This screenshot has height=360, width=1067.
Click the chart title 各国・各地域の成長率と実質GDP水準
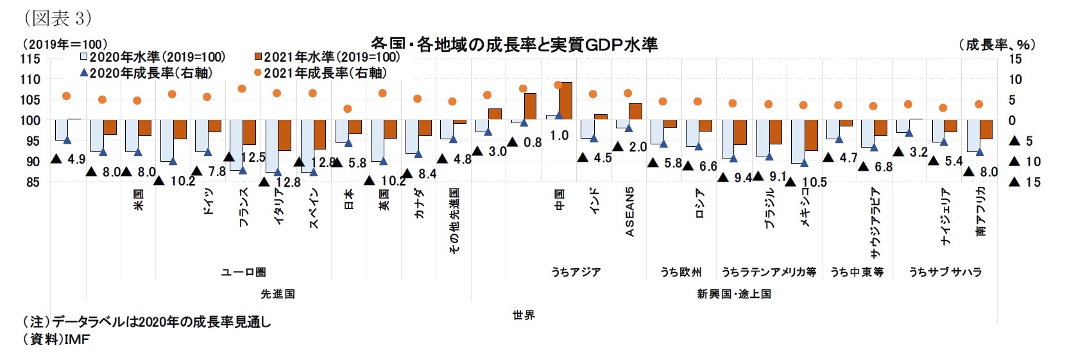coord(514,44)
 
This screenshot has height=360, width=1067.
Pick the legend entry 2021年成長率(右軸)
coord(320,73)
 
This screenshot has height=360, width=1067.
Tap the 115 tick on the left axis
coord(30,58)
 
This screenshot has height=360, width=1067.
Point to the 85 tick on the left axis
coord(32,182)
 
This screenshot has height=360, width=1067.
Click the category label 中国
coord(559,200)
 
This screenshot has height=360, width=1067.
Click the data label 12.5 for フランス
coord(253,157)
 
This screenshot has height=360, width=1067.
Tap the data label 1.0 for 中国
coord(559,135)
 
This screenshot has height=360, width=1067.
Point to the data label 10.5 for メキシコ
coord(814,182)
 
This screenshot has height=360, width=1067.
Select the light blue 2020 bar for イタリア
coord(272,146)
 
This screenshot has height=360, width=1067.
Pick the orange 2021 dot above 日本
coord(348,109)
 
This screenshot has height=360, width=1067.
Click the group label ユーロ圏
coord(243,272)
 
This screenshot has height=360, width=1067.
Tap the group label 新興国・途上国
coord(734,294)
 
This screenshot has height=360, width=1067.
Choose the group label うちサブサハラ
coord(945,272)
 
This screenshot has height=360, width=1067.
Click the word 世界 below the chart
coord(524,315)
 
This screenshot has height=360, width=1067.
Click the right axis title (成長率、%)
coord(997,44)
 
